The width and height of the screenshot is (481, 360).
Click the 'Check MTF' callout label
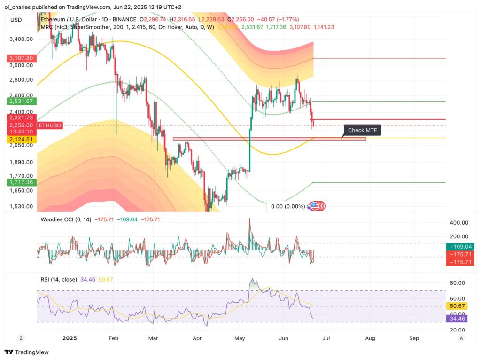click(x=363, y=130)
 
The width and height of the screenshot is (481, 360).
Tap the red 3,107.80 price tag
click(x=19, y=58)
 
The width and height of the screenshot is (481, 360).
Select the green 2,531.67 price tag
click(x=19, y=101)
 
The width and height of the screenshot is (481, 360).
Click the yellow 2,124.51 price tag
click(x=19, y=139)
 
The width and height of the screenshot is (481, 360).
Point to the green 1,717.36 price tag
click(x=19, y=182)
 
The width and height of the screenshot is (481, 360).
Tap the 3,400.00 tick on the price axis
click(x=21, y=39)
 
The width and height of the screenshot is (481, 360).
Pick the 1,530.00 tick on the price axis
click(x=21, y=206)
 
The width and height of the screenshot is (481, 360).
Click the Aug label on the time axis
click(x=370, y=338)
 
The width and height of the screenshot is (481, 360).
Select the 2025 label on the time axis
click(x=70, y=338)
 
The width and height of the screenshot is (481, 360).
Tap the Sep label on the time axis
click(x=414, y=338)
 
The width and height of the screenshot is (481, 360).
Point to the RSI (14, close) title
click(x=59, y=279)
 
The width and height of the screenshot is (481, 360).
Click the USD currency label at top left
click(x=16, y=19)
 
